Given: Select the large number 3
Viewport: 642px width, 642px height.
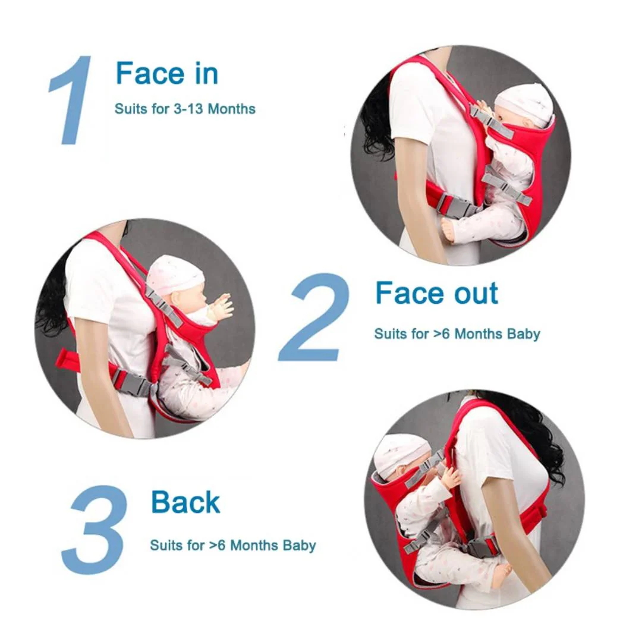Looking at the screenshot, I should pyautogui.click(x=95, y=529).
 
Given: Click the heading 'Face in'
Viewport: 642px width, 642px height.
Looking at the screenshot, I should pyautogui.click(x=166, y=74).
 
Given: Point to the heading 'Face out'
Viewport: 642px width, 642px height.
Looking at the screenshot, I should pyautogui.click(x=436, y=294).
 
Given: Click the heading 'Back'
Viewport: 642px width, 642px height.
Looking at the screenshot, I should pyautogui.click(x=185, y=502).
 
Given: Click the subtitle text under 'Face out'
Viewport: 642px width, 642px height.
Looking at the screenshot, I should pyautogui.click(x=457, y=334).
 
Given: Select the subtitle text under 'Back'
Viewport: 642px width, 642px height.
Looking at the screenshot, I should pyautogui.click(x=232, y=545).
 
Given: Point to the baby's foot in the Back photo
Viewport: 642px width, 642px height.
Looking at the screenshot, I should pyautogui.click(x=501, y=574).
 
